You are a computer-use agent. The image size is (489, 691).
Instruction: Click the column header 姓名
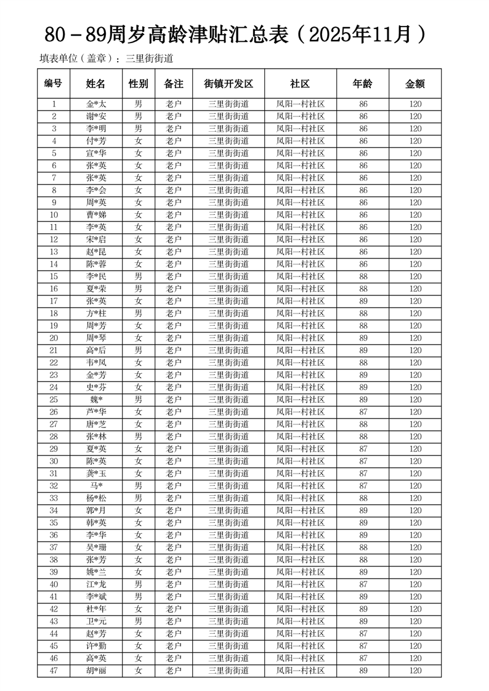click(95, 84)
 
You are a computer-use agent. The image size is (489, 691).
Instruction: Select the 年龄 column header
click(363, 84)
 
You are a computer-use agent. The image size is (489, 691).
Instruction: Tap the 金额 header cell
click(415, 84)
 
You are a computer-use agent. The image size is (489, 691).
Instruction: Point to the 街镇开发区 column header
click(228, 84)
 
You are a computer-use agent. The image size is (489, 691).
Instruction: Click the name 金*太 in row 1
click(95, 104)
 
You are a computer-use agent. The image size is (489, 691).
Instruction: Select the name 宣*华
click(95, 153)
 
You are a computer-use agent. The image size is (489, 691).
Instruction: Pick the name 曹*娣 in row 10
click(95, 215)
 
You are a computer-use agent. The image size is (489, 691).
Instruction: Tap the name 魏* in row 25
click(95, 400)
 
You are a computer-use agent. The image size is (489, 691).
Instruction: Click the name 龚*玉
click(95, 474)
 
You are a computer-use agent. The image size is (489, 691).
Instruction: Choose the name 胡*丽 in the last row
click(95, 671)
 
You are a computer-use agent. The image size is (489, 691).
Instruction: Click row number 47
click(54, 671)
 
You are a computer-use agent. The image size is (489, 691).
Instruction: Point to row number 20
click(54, 338)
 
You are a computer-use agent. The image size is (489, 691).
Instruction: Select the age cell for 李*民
click(363, 277)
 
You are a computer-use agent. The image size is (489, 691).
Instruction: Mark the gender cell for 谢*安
click(139, 116)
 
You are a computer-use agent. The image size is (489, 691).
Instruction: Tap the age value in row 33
click(363, 498)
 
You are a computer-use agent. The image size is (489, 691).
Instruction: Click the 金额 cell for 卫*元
click(415, 621)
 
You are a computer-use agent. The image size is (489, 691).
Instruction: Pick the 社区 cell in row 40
click(300, 584)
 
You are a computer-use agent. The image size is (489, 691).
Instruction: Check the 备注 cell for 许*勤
click(174, 646)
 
